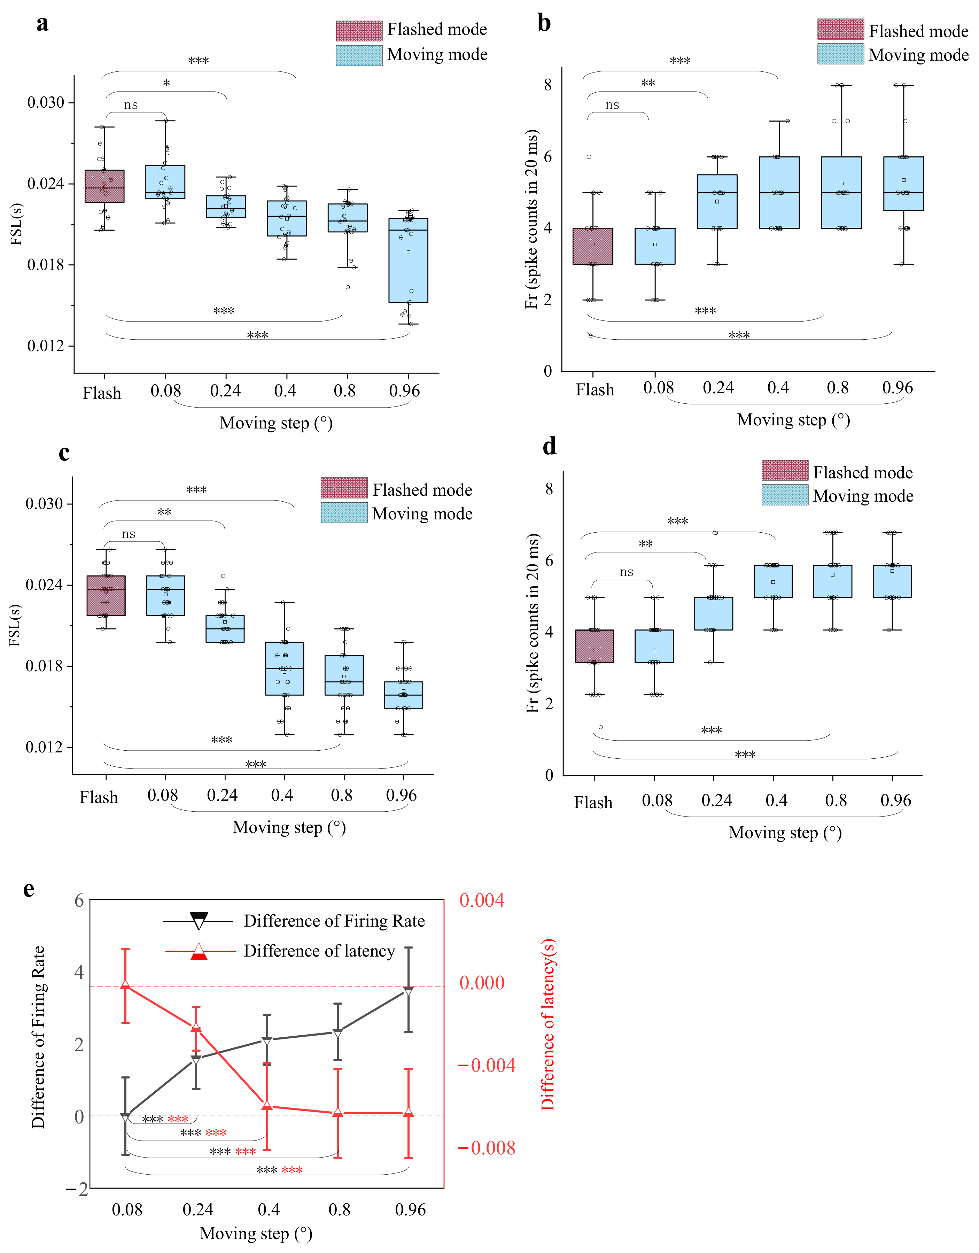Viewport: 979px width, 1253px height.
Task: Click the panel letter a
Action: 42,24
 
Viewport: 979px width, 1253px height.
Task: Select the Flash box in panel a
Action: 104,186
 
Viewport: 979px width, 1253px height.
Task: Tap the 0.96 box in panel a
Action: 408,261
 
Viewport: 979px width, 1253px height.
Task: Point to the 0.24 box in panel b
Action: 717,201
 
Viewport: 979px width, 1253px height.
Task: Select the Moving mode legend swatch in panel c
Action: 344,512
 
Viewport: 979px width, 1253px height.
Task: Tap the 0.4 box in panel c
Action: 285,668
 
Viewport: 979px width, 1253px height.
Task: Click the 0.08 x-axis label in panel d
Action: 657,800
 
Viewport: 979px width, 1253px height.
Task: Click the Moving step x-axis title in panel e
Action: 256,1233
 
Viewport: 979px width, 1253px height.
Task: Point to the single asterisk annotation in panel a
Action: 166,84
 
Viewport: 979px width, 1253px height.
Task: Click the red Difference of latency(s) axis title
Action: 548,1024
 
